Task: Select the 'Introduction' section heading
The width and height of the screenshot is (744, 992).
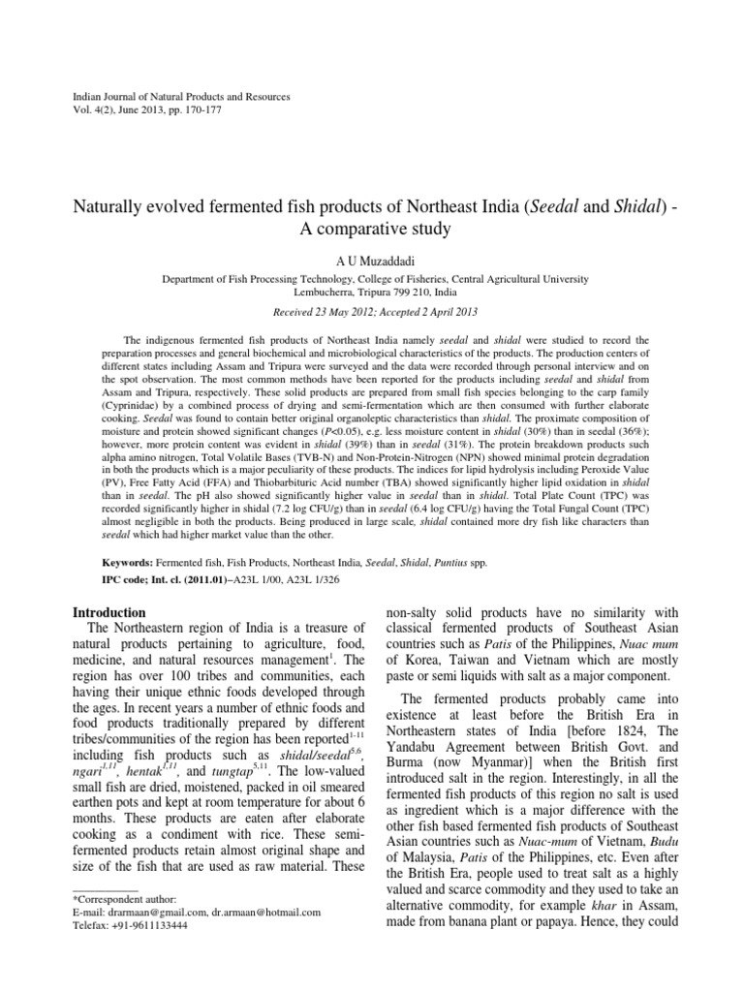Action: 110,612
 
